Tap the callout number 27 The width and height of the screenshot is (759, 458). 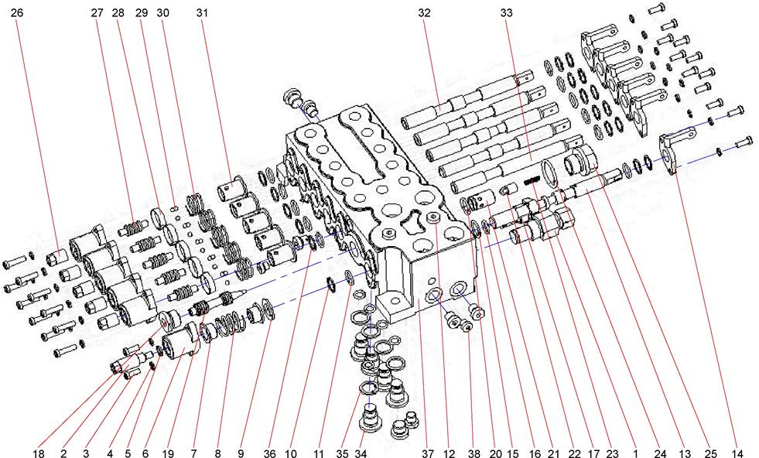(x=97, y=13)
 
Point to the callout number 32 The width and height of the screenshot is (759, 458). (x=424, y=13)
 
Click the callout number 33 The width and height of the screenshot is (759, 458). (x=507, y=13)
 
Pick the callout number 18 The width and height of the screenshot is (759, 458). (x=39, y=449)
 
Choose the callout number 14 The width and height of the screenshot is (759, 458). (x=737, y=449)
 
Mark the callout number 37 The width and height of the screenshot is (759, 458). (x=427, y=449)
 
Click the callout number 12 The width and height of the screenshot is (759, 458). (x=450, y=449)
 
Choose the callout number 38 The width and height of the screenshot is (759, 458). (x=472, y=449)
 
